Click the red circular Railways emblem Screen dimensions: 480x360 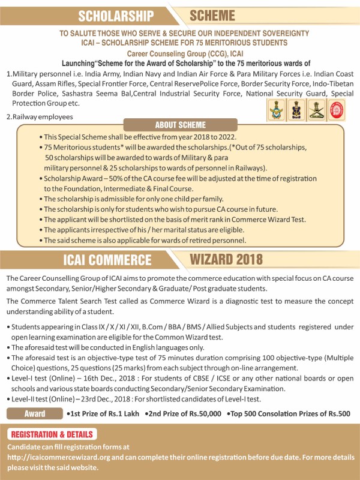pyautogui.click(x=338, y=110)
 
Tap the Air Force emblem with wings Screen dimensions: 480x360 pyautogui.click(x=276, y=110)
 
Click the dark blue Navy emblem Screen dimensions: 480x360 pyautogui.click(x=296, y=110)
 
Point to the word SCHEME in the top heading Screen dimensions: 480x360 pyautogui.click(x=212, y=15)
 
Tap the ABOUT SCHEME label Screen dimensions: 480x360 pyautogui.click(x=180, y=125)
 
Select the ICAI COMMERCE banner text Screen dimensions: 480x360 pyautogui.click(x=107, y=260)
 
